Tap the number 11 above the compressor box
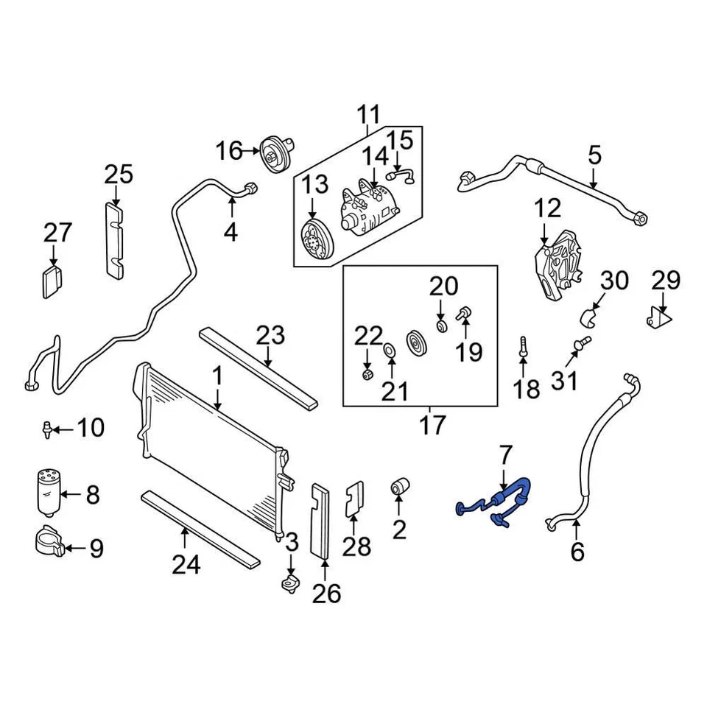[x=369, y=115]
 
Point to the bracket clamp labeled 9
[x=48, y=543]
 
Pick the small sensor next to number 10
[x=48, y=428]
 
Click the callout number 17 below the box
[x=433, y=425]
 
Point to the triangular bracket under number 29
[x=660, y=318]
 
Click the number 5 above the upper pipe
[x=594, y=155]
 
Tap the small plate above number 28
[x=354, y=500]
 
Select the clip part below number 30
[x=590, y=317]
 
